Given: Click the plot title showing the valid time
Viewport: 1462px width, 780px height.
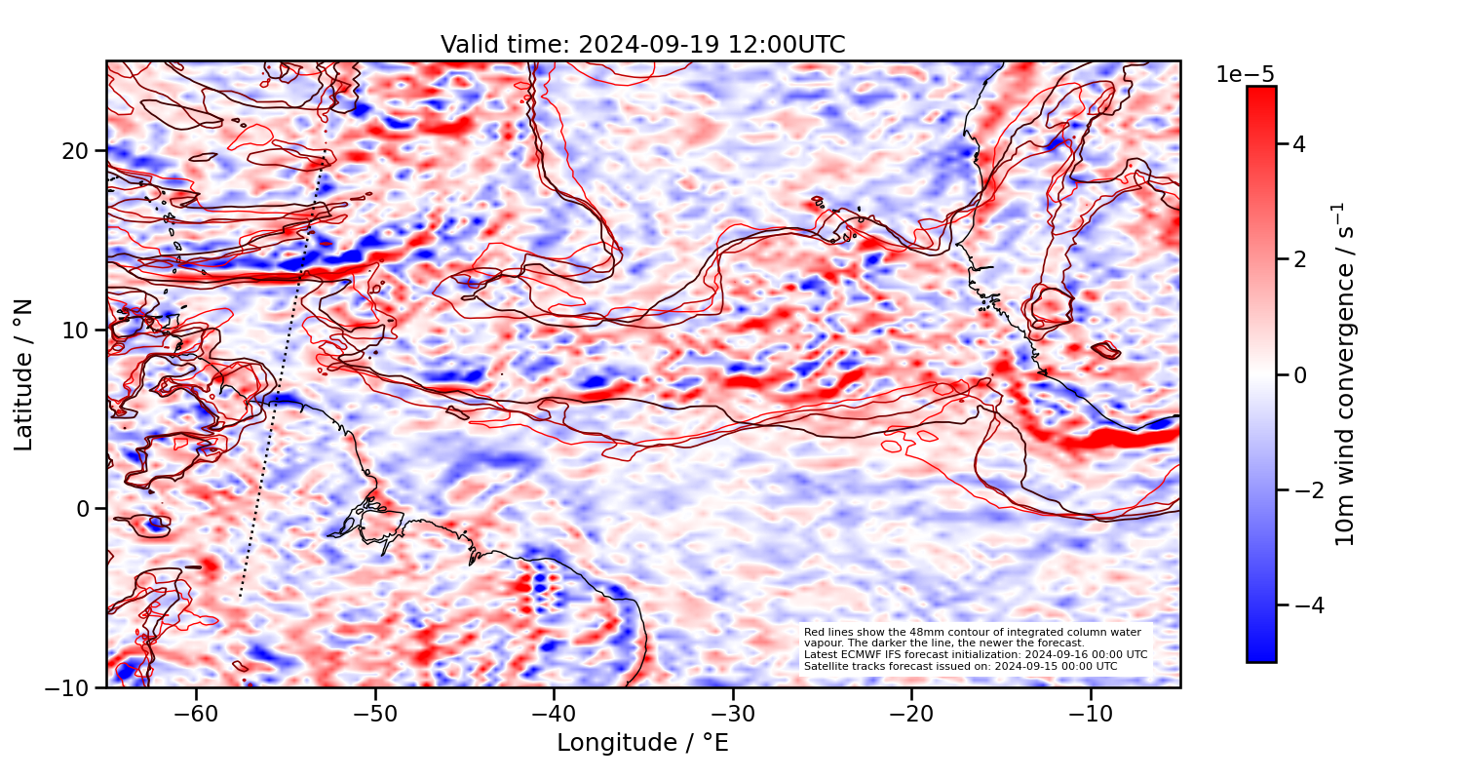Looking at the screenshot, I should [642, 45].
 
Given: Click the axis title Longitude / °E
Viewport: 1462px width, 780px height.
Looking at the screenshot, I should [642, 743].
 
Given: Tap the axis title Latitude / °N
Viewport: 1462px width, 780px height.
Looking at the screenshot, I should [24, 374].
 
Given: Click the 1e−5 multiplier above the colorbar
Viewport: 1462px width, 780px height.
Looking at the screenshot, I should [1245, 75].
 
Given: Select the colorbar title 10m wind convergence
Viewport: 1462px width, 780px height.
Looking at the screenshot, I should [1346, 374].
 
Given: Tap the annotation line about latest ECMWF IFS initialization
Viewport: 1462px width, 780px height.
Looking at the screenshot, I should [975, 654].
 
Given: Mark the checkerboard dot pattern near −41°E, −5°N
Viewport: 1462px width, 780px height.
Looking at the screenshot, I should [541, 589].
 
